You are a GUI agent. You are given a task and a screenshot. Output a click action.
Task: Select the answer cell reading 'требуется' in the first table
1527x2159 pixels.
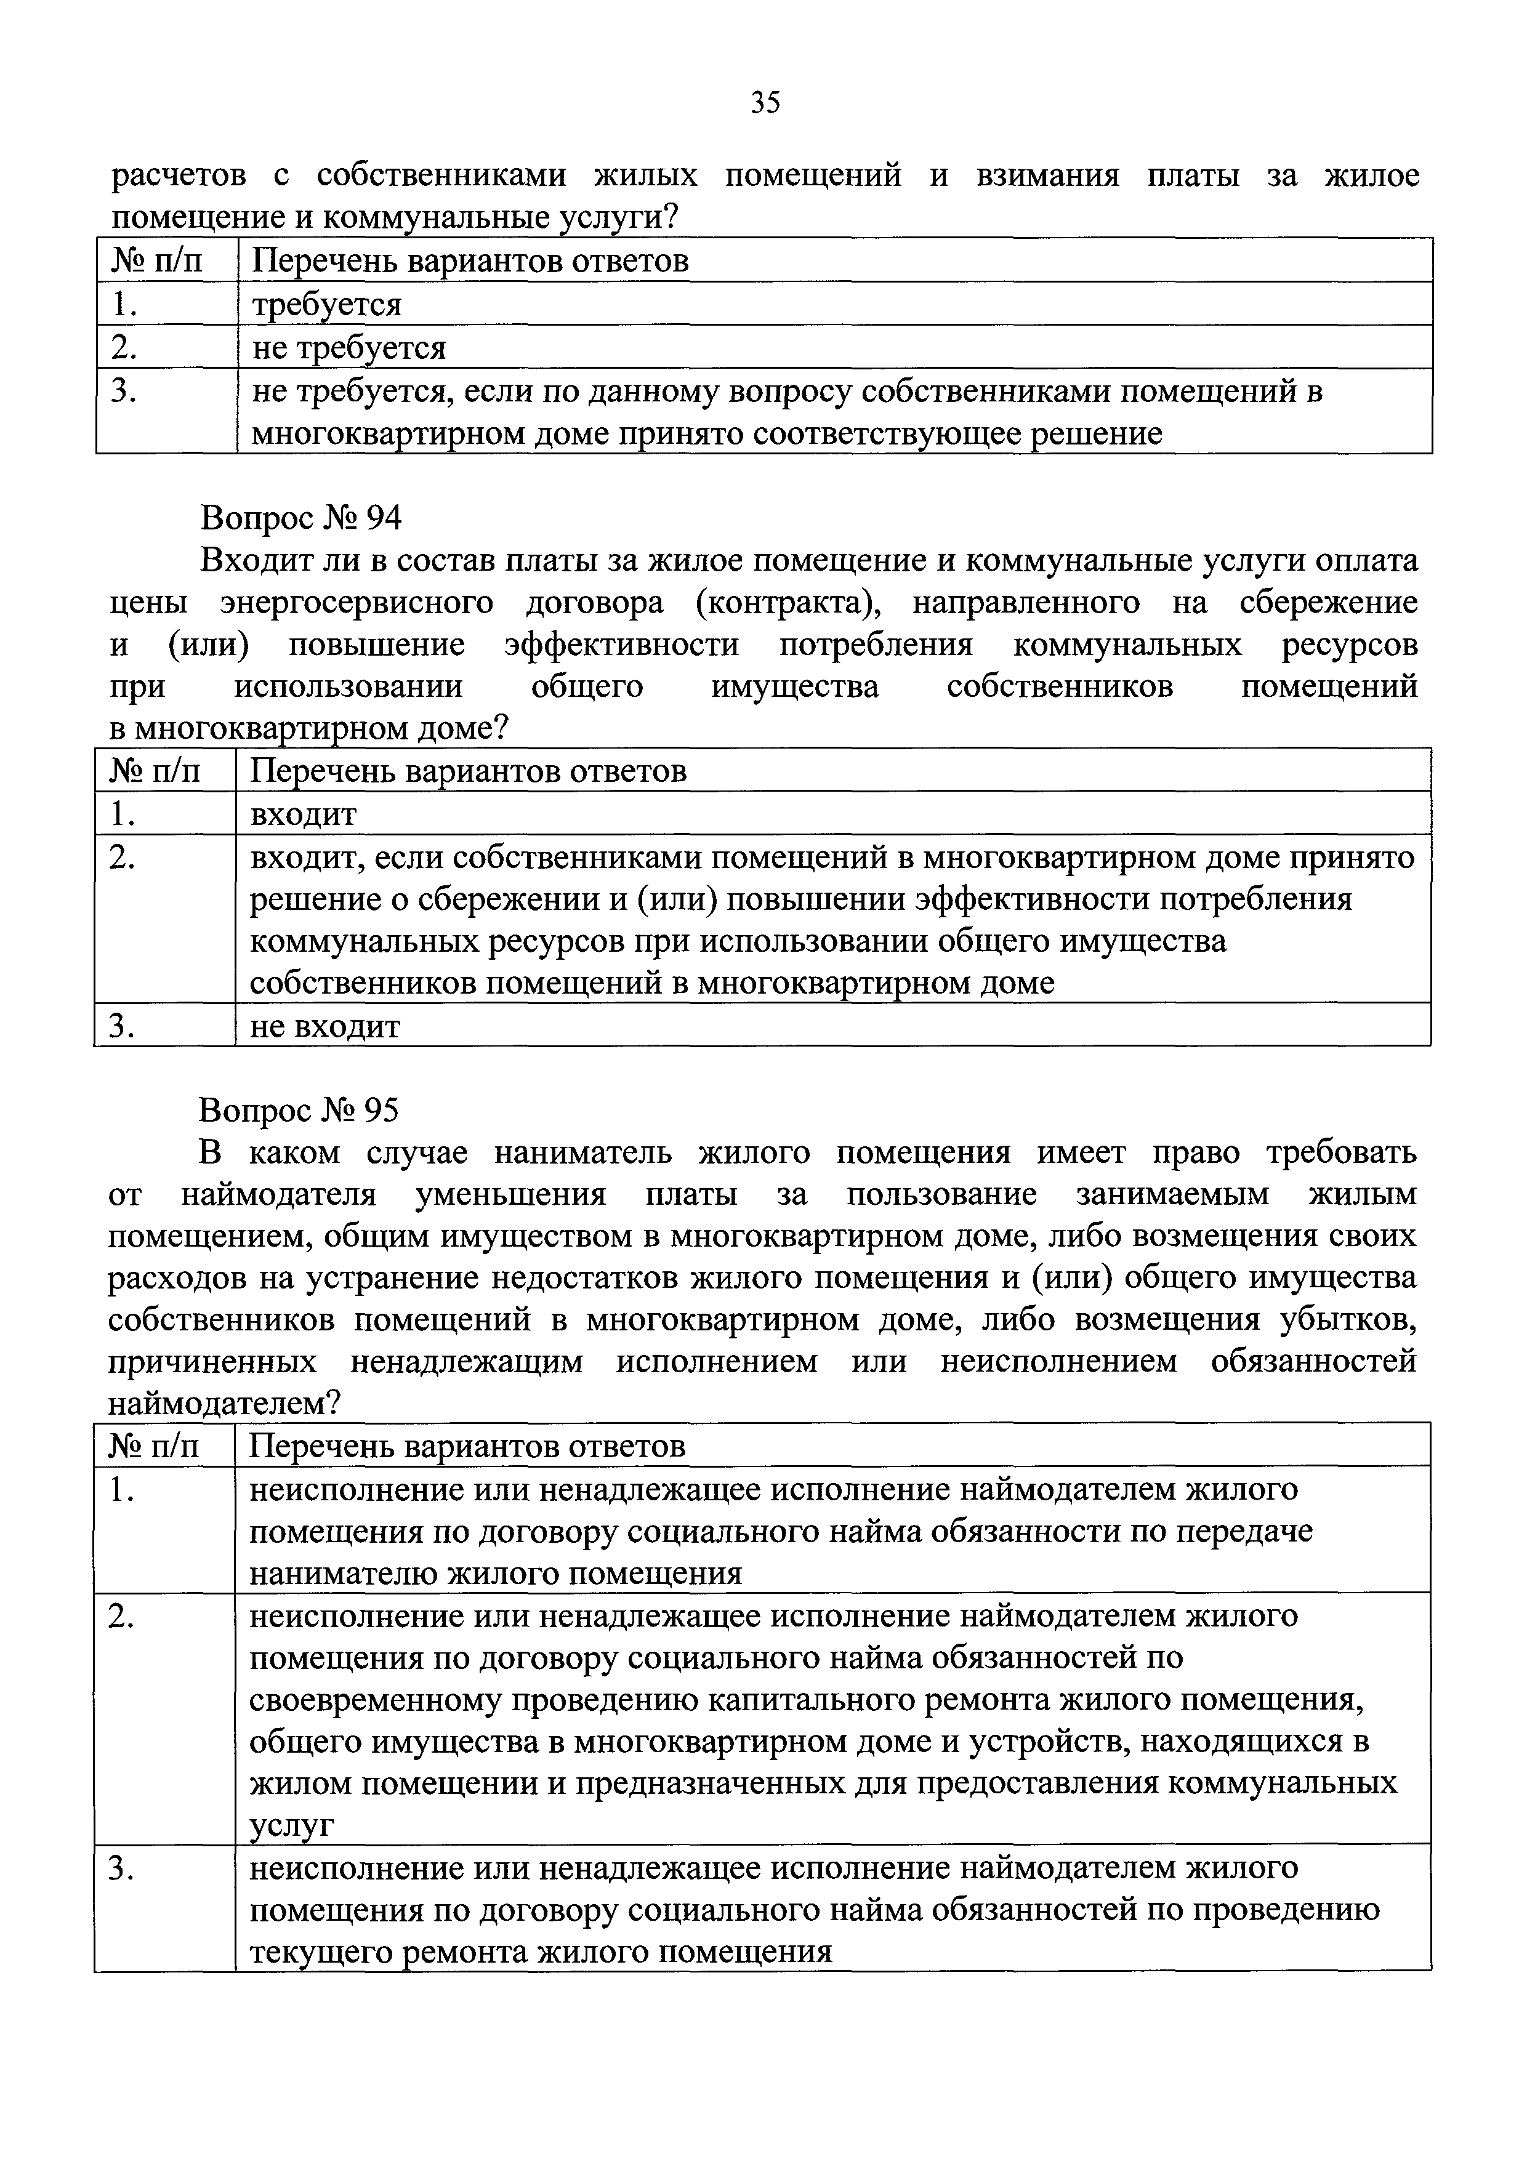(326, 305)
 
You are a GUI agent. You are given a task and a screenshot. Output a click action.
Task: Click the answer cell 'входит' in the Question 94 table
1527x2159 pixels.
(303, 813)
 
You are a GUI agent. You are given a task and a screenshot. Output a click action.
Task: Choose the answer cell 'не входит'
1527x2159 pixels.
(325, 1026)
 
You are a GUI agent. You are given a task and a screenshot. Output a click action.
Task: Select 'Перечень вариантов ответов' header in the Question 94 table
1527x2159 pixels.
(468, 771)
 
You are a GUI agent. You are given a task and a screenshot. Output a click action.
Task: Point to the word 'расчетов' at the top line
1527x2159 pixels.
(179, 176)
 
